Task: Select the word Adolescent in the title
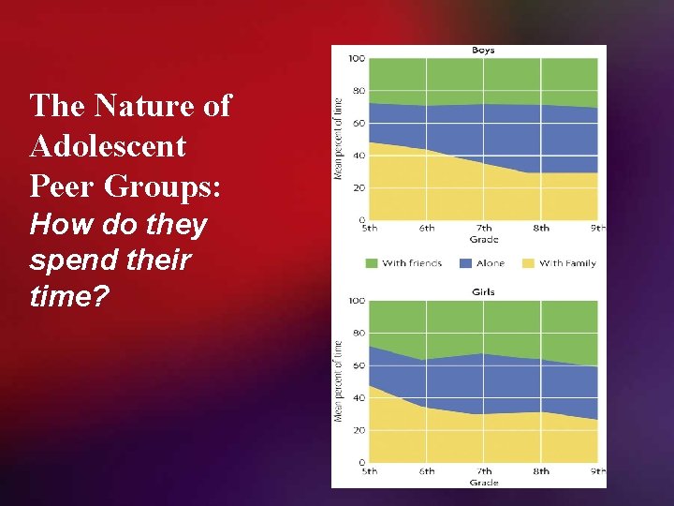108,146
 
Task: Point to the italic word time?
69,296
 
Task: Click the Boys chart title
483,51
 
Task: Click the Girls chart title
483,292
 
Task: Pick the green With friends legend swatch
371,263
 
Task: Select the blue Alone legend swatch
464,263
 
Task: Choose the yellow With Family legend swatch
527,263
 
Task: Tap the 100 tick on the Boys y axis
357,59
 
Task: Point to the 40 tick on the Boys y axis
359,156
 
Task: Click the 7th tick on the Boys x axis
484,228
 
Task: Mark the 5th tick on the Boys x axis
370,228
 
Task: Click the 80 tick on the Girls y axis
359,334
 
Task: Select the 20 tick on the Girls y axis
359,430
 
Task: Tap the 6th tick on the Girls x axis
427,470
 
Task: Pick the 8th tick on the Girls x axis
541,470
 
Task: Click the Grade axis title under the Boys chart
483,239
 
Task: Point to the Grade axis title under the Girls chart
483,482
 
